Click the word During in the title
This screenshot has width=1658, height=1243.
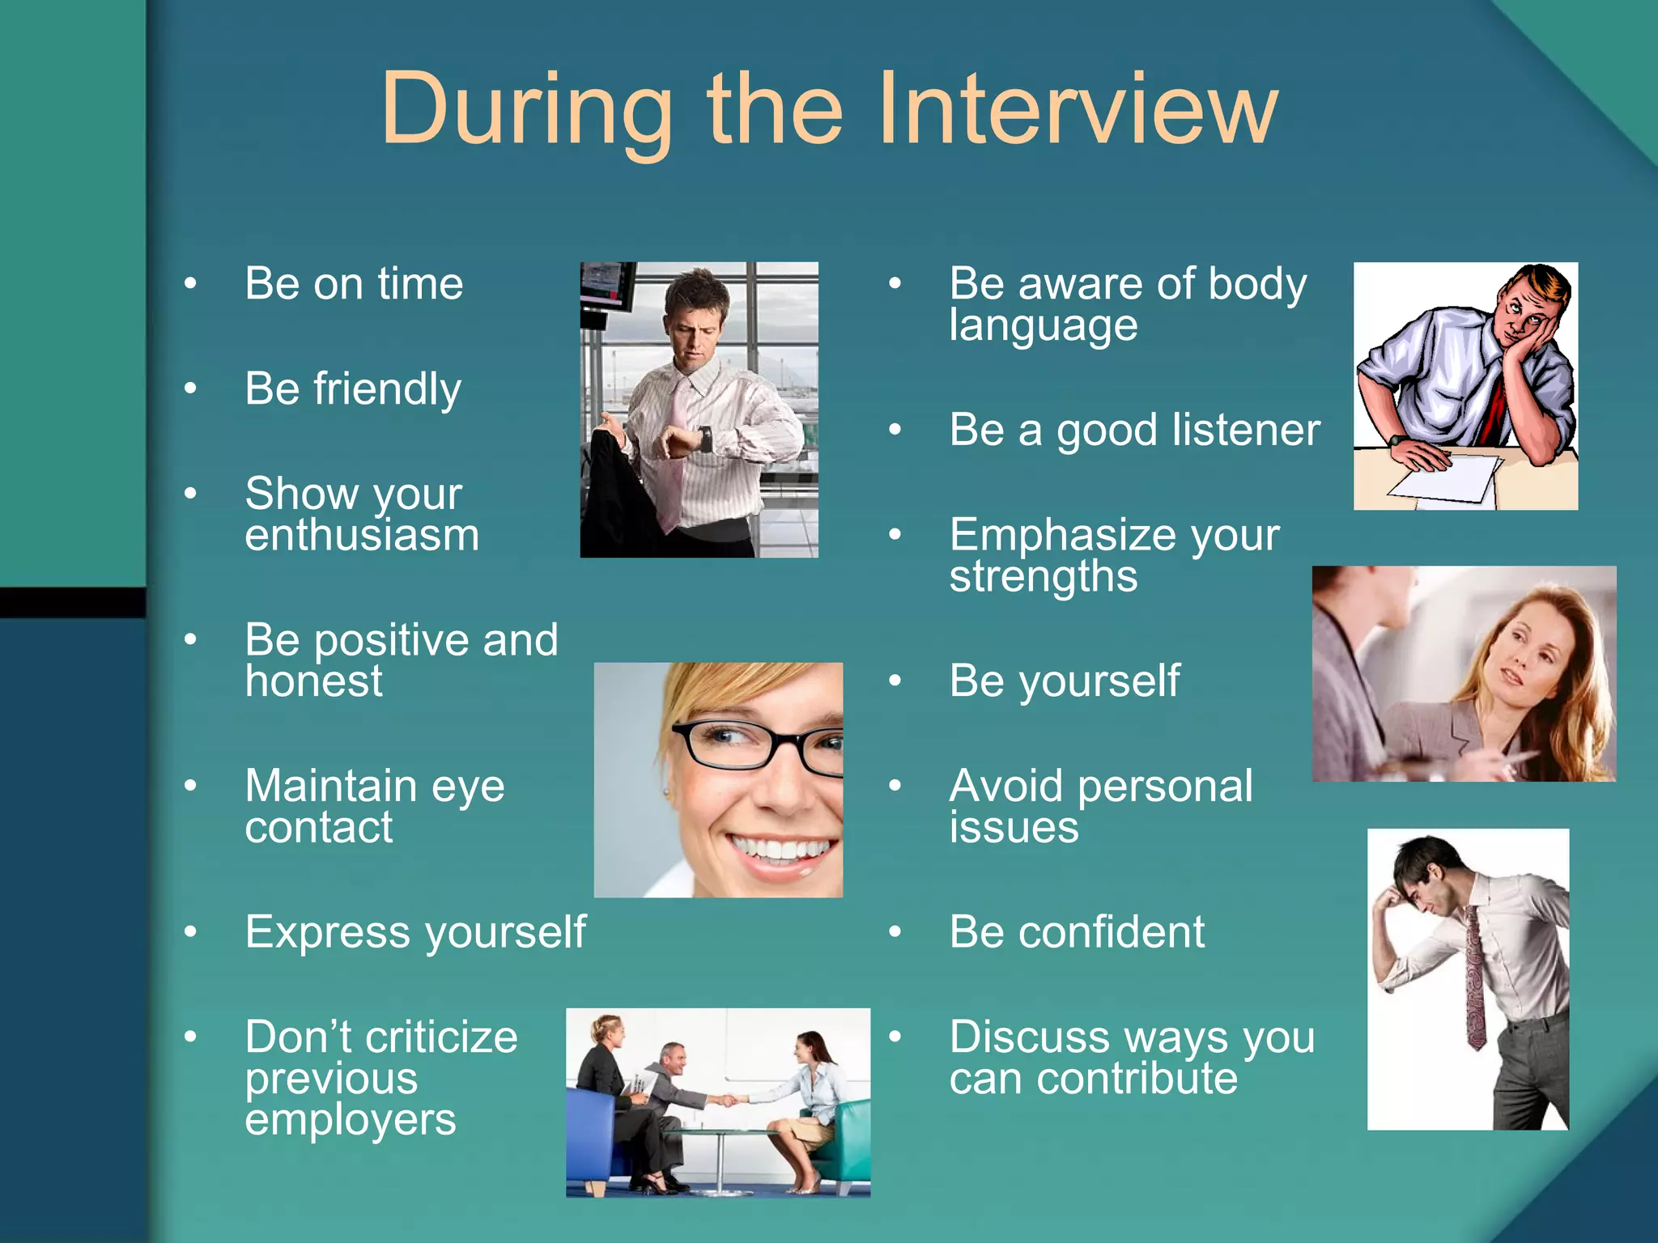coord(526,109)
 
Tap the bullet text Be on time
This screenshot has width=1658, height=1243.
coord(354,284)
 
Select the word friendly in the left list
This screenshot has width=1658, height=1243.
coord(387,389)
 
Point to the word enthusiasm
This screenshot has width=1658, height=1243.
coord(362,536)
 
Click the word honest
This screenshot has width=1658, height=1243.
coord(313,681)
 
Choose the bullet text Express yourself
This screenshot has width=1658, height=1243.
coord(415,932)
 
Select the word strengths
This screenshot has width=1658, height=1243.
coord(1043,577)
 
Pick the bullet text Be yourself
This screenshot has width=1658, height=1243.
coord(1064,681)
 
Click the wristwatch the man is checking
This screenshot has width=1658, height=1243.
coord(705,439)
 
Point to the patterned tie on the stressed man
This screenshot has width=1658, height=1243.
coord(1475,979)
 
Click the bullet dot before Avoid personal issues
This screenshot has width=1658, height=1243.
coord(895,786)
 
